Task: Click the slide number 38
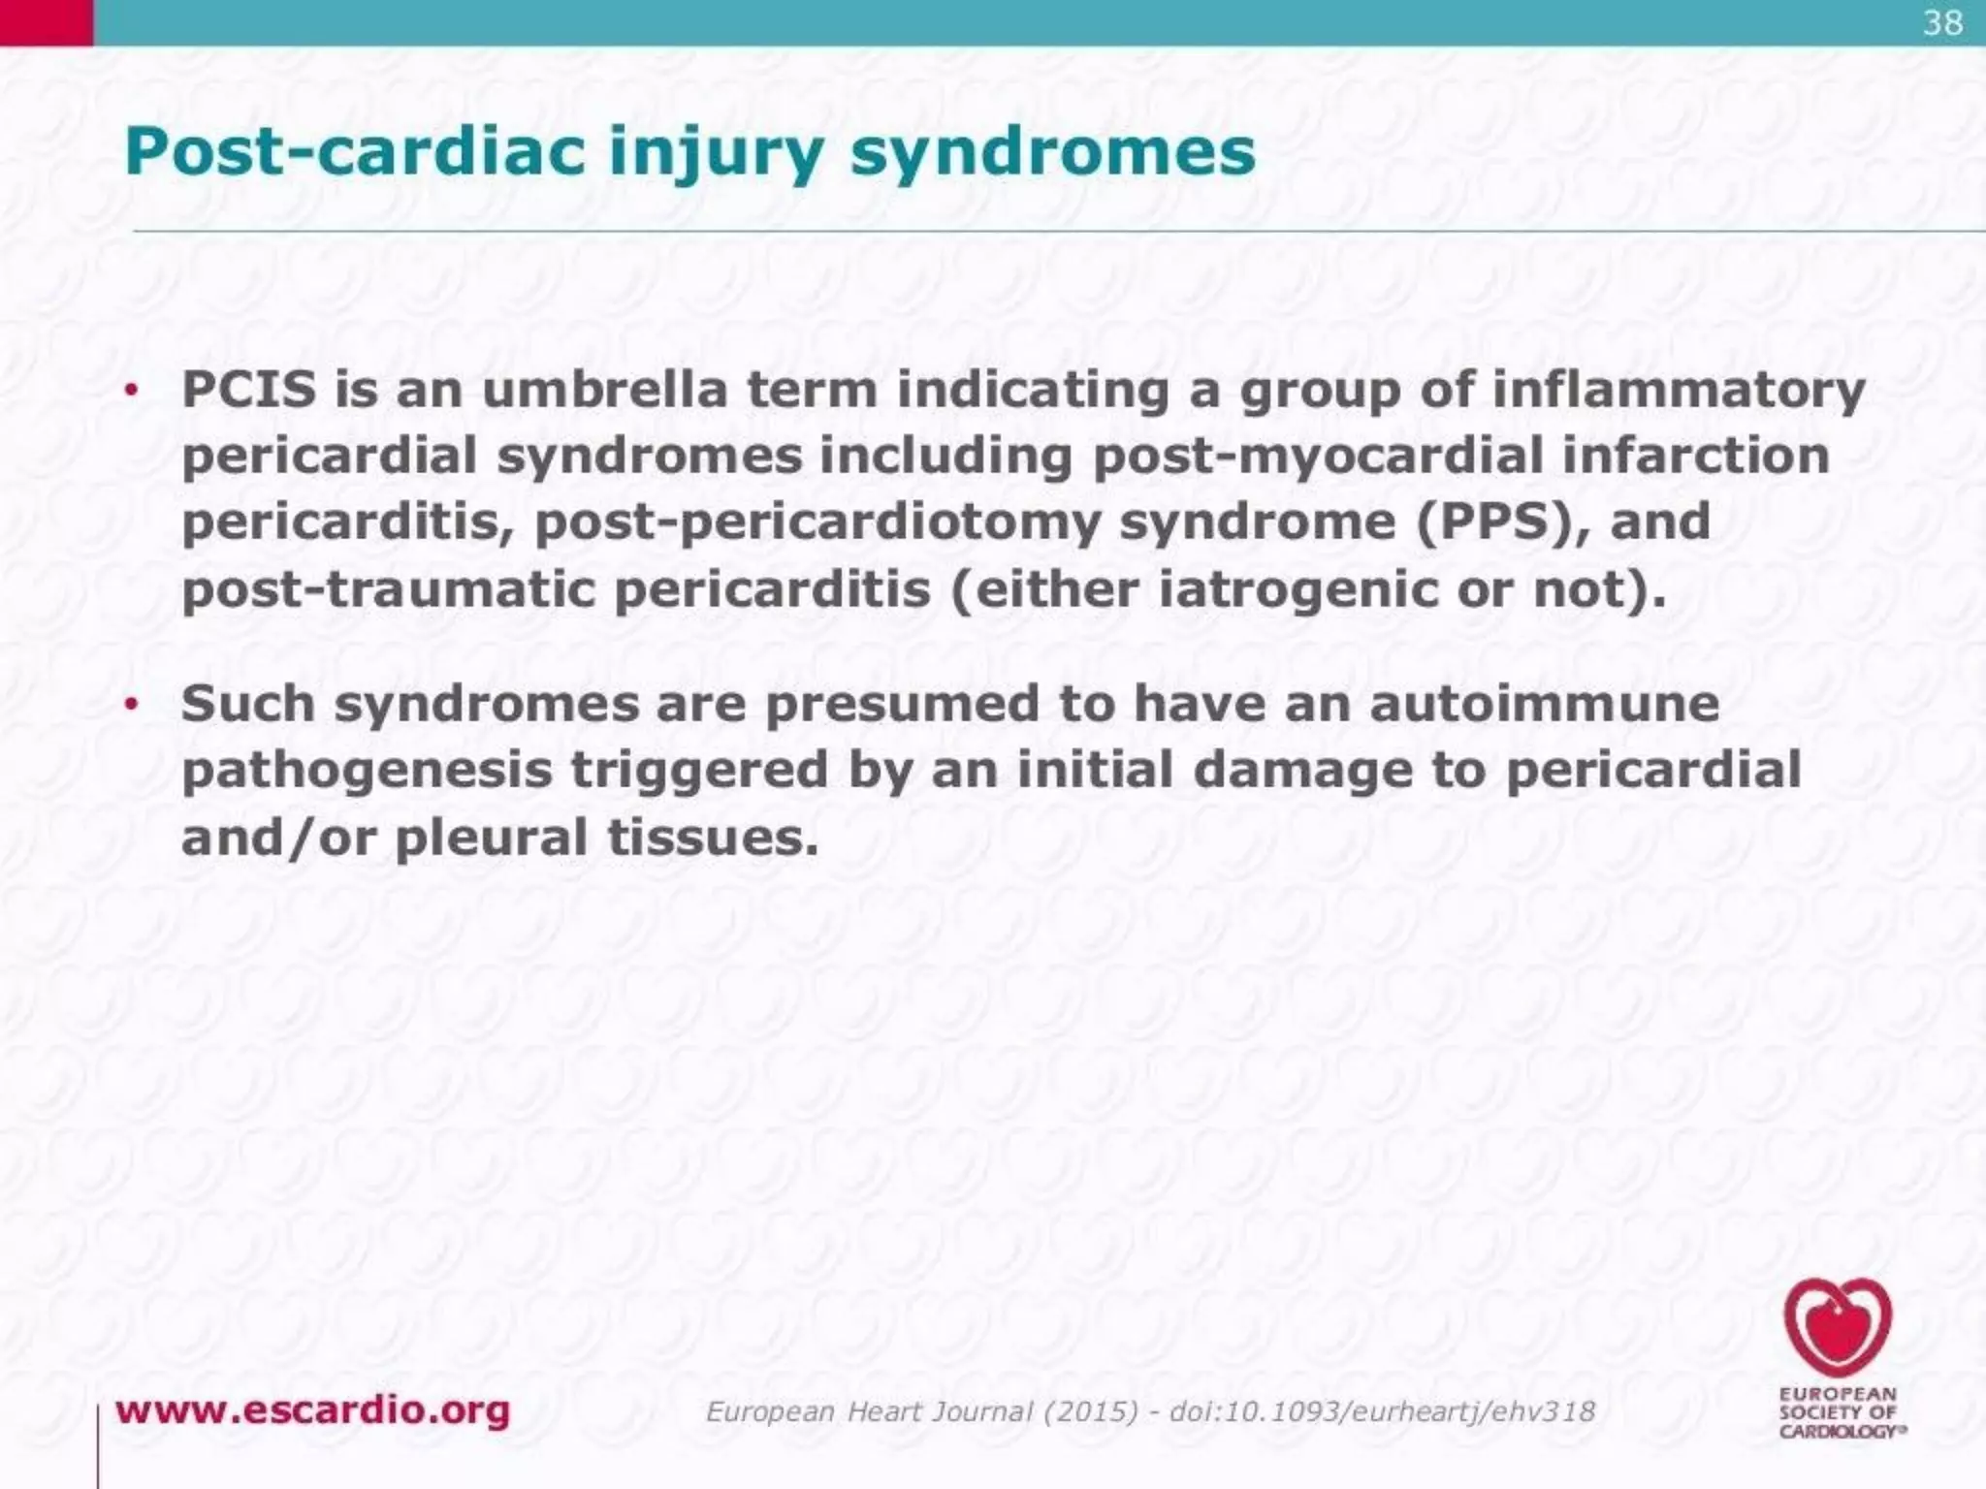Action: (x=1942, y=22)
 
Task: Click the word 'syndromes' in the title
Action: (x=1052, y=152)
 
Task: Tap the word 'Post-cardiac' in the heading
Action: (x=355, y=152)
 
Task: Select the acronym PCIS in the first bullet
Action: (x=249, y=390)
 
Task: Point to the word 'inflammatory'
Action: (x=1678, y=390)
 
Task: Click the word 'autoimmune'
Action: (x=1544, y=703)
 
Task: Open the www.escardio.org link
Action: (x=312, y=1410)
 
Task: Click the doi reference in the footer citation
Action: (x=1382, y=1411)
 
